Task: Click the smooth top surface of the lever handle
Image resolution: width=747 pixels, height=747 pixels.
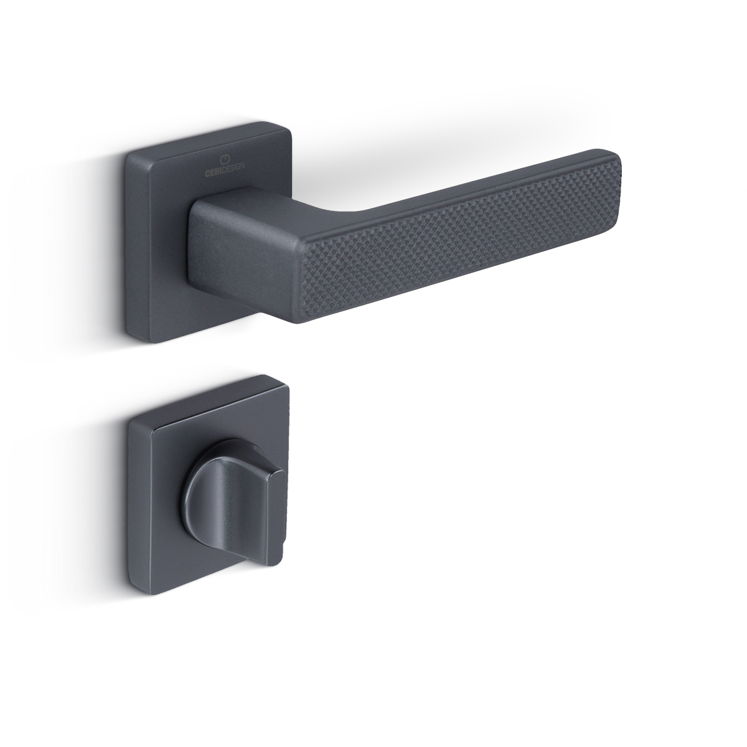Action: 465,186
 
